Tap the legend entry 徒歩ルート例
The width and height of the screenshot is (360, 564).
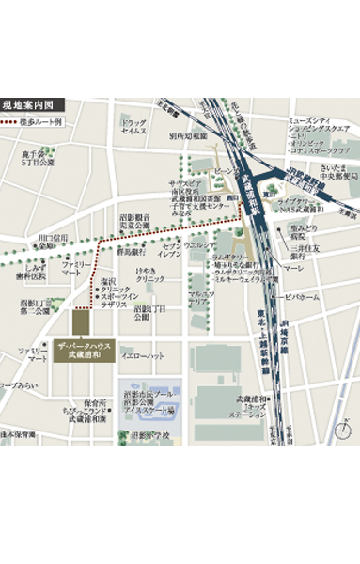(32, 122)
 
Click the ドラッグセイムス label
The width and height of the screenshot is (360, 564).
(134, 127)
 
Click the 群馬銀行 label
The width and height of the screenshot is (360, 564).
(132, 252)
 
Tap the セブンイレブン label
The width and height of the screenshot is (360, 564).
(169, 252)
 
